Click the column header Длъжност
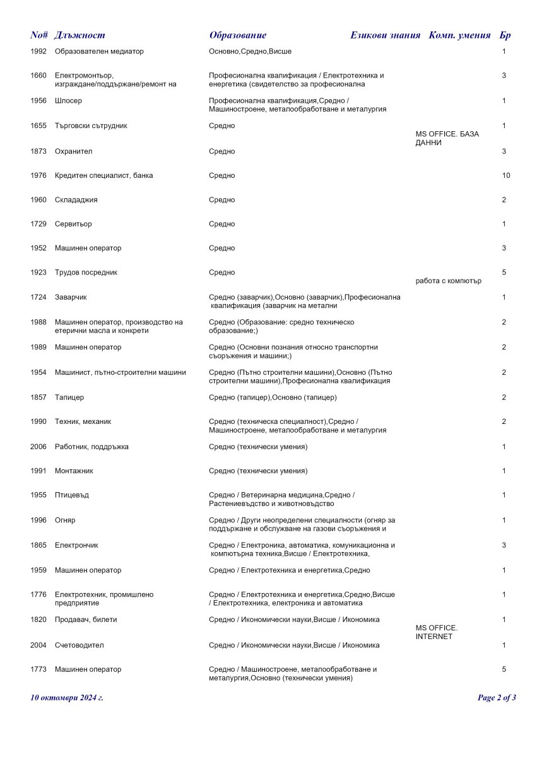(80, 35)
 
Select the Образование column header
(238, 35)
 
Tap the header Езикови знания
(385, 35)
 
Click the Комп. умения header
(459, 35)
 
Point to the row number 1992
(38, 51)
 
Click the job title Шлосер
(68, 101)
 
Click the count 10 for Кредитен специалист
(506, 175)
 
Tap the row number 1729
(38, 224)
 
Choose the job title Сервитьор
(73, 224)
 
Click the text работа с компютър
(449, 281)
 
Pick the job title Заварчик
(72, 297)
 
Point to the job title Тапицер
(69, 397)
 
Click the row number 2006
(38, 447)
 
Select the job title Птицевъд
(72, 495)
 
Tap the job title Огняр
(65, 520)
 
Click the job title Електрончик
(76, 545)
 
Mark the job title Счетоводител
(79, 645)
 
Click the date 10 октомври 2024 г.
(67, 698)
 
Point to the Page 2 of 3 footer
(497, 698)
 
